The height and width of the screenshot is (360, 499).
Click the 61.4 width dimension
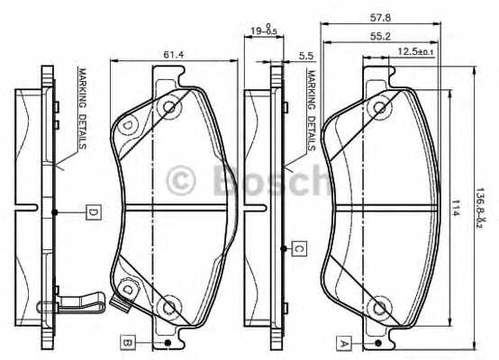174,55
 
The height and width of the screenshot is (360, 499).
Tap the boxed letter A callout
342,342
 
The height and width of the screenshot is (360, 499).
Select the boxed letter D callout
92,212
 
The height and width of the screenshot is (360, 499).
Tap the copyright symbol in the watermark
183,180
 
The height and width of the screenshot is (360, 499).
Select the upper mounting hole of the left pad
168,108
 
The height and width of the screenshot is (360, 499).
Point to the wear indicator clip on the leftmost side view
77,303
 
